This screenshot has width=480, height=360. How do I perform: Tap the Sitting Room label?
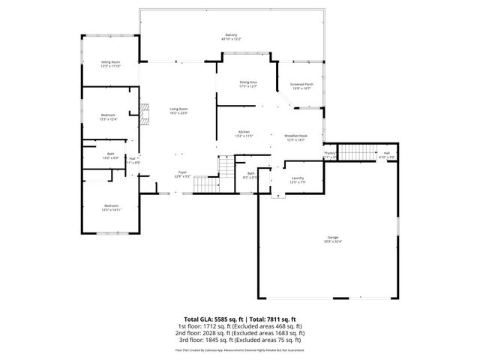coord(111,64)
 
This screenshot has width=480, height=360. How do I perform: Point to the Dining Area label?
coord(248,83)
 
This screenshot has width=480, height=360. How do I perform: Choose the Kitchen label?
coord(244,133)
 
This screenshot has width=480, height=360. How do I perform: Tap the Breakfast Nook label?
coord(295,137)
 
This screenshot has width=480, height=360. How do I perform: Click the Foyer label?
coord(181,173)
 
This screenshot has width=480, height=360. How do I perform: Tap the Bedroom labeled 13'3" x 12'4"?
coord(109,116)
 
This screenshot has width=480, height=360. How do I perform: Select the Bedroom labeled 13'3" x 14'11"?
coord(111,207)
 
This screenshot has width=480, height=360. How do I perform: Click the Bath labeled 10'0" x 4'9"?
coord(110,155)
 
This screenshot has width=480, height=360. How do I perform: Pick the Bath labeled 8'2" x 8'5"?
coord(251,175)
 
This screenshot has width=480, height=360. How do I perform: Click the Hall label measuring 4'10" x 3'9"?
coord(387,154)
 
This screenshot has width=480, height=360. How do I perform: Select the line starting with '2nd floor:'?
coord(240,332)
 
